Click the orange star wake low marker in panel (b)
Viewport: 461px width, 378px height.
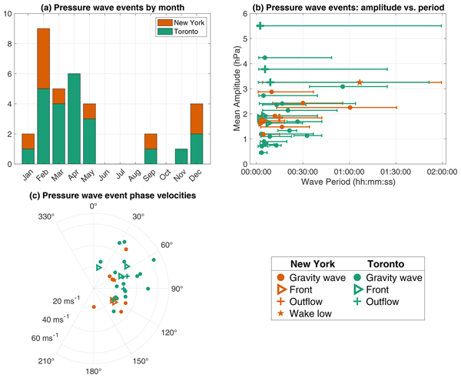coord(360,82)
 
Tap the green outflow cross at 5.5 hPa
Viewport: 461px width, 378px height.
coord(260,25)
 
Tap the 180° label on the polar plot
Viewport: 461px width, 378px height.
coord(94,371)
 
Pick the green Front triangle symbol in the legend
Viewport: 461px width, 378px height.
coord(359,289)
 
